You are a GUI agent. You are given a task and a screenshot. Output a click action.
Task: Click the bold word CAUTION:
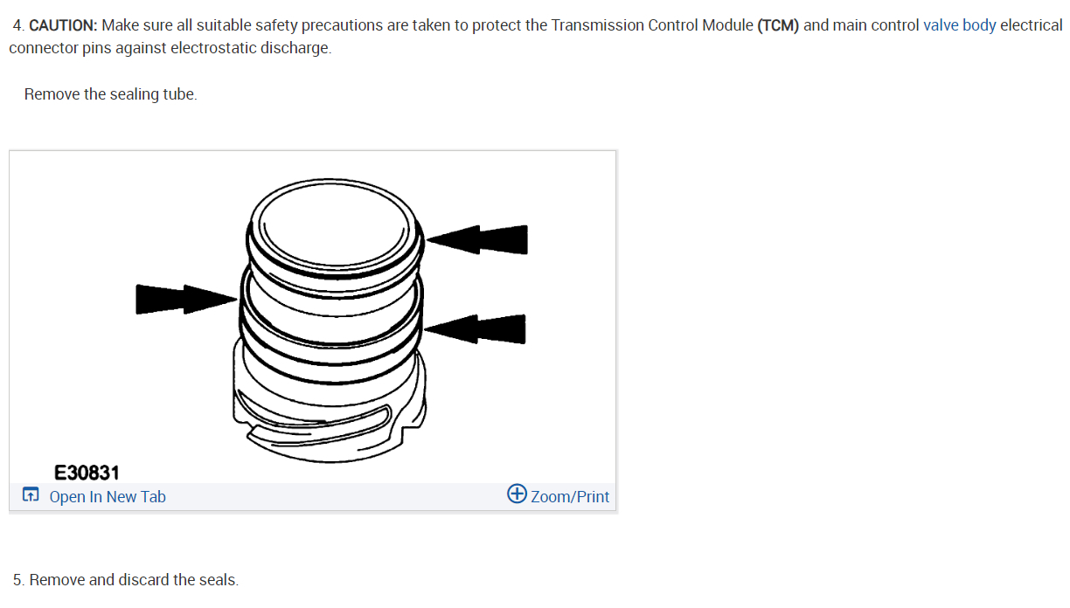click(63, 25)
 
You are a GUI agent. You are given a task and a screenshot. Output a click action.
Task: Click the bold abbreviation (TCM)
click(778, 25)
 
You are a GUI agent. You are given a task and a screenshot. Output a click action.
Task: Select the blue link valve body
click(959, 25)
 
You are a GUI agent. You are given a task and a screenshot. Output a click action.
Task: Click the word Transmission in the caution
click(597, 25)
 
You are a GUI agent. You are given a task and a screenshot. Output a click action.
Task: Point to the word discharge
click(296, 48)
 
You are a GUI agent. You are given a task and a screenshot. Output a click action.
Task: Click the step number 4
click(18, 25)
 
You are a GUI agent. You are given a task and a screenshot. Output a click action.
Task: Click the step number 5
click(18, 579)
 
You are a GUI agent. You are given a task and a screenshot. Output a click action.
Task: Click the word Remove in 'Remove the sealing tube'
click(52, 94)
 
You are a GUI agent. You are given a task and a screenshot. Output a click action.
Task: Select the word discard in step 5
click(143, 579)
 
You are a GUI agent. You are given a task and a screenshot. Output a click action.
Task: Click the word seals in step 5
click(218, 579)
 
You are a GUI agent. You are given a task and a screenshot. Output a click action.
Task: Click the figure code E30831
click(87, 473)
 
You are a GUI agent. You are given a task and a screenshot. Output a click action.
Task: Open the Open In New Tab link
click(108, 497)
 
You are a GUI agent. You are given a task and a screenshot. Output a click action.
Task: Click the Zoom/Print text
click(570, 497)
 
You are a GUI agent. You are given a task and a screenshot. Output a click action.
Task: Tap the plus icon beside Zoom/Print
click(517, 494)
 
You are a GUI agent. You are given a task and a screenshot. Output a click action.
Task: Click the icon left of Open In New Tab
click(31, 496)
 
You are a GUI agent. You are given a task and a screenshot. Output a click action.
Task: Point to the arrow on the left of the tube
click(184, 298)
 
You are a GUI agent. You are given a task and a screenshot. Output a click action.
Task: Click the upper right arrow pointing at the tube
click(479, 239)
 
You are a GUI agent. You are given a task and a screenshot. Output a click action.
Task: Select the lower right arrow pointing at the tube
click(476, 329)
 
